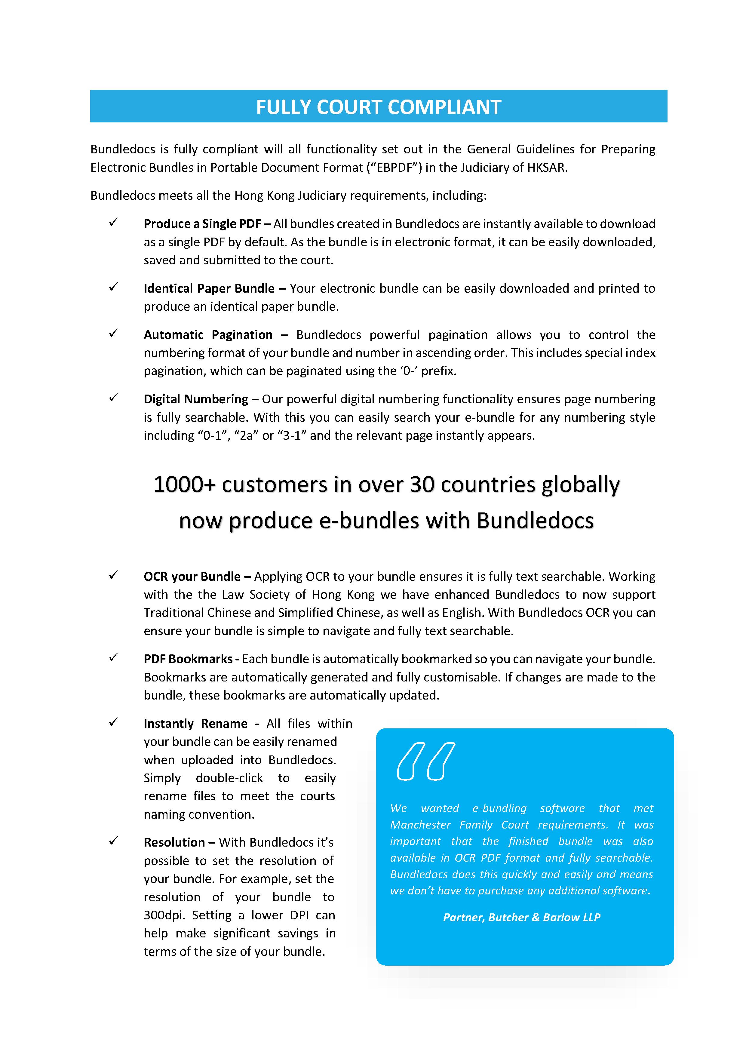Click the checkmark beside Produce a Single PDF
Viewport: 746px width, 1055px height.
click(113, 222)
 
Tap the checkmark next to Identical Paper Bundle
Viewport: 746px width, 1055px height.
click(113, 287)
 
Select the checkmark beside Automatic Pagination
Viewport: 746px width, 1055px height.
click(113, 334)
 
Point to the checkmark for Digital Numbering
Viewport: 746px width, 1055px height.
click(113, 398)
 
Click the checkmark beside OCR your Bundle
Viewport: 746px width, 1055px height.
click(113, 575)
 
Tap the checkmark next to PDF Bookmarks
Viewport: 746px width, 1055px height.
click(113, 658)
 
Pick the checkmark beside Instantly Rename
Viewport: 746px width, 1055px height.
click(113, 722)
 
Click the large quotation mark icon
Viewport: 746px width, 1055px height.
click(425, 761)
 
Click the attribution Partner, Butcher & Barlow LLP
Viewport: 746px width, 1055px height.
click(521, 917)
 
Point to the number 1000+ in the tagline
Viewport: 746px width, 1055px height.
click(184, 485)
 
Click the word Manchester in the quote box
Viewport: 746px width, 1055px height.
click(420, 825)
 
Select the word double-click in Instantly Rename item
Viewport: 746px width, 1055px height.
click(229, 778)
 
